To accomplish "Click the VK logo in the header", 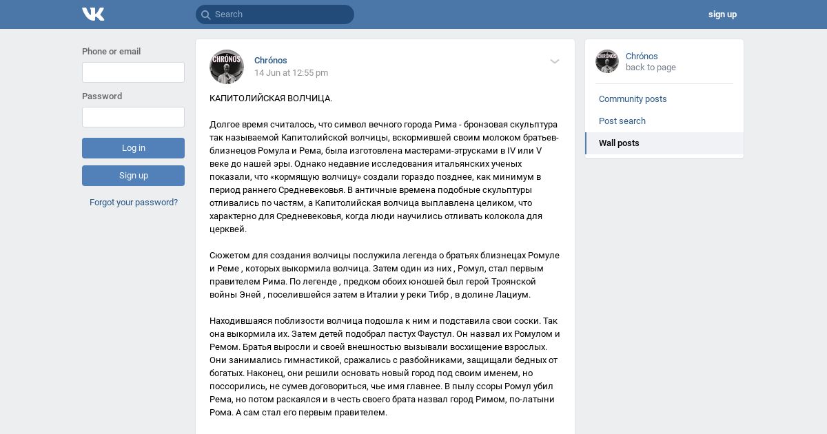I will coord(93,14).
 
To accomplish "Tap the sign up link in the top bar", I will coord(722,14).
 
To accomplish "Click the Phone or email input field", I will coord(133,72).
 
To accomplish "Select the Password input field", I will coord(133,117).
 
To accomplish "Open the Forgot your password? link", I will coord(134,203).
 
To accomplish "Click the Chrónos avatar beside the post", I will coord(227,67).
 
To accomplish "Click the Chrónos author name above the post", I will coord(271,61).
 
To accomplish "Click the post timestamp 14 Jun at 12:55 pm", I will coord(291,73).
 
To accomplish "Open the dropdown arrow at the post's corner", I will coord(555,61).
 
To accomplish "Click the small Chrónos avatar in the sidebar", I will coord(607,61).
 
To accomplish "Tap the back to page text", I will coord(651,68).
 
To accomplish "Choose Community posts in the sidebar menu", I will coord(633,99).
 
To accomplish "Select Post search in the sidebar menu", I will coord(622,121).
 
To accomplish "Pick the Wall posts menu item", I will coord(619,143).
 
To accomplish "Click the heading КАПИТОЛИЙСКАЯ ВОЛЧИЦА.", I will coord(271,99).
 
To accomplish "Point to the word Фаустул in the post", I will coord(416,334).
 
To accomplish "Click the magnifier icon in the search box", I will coord(205,14).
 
